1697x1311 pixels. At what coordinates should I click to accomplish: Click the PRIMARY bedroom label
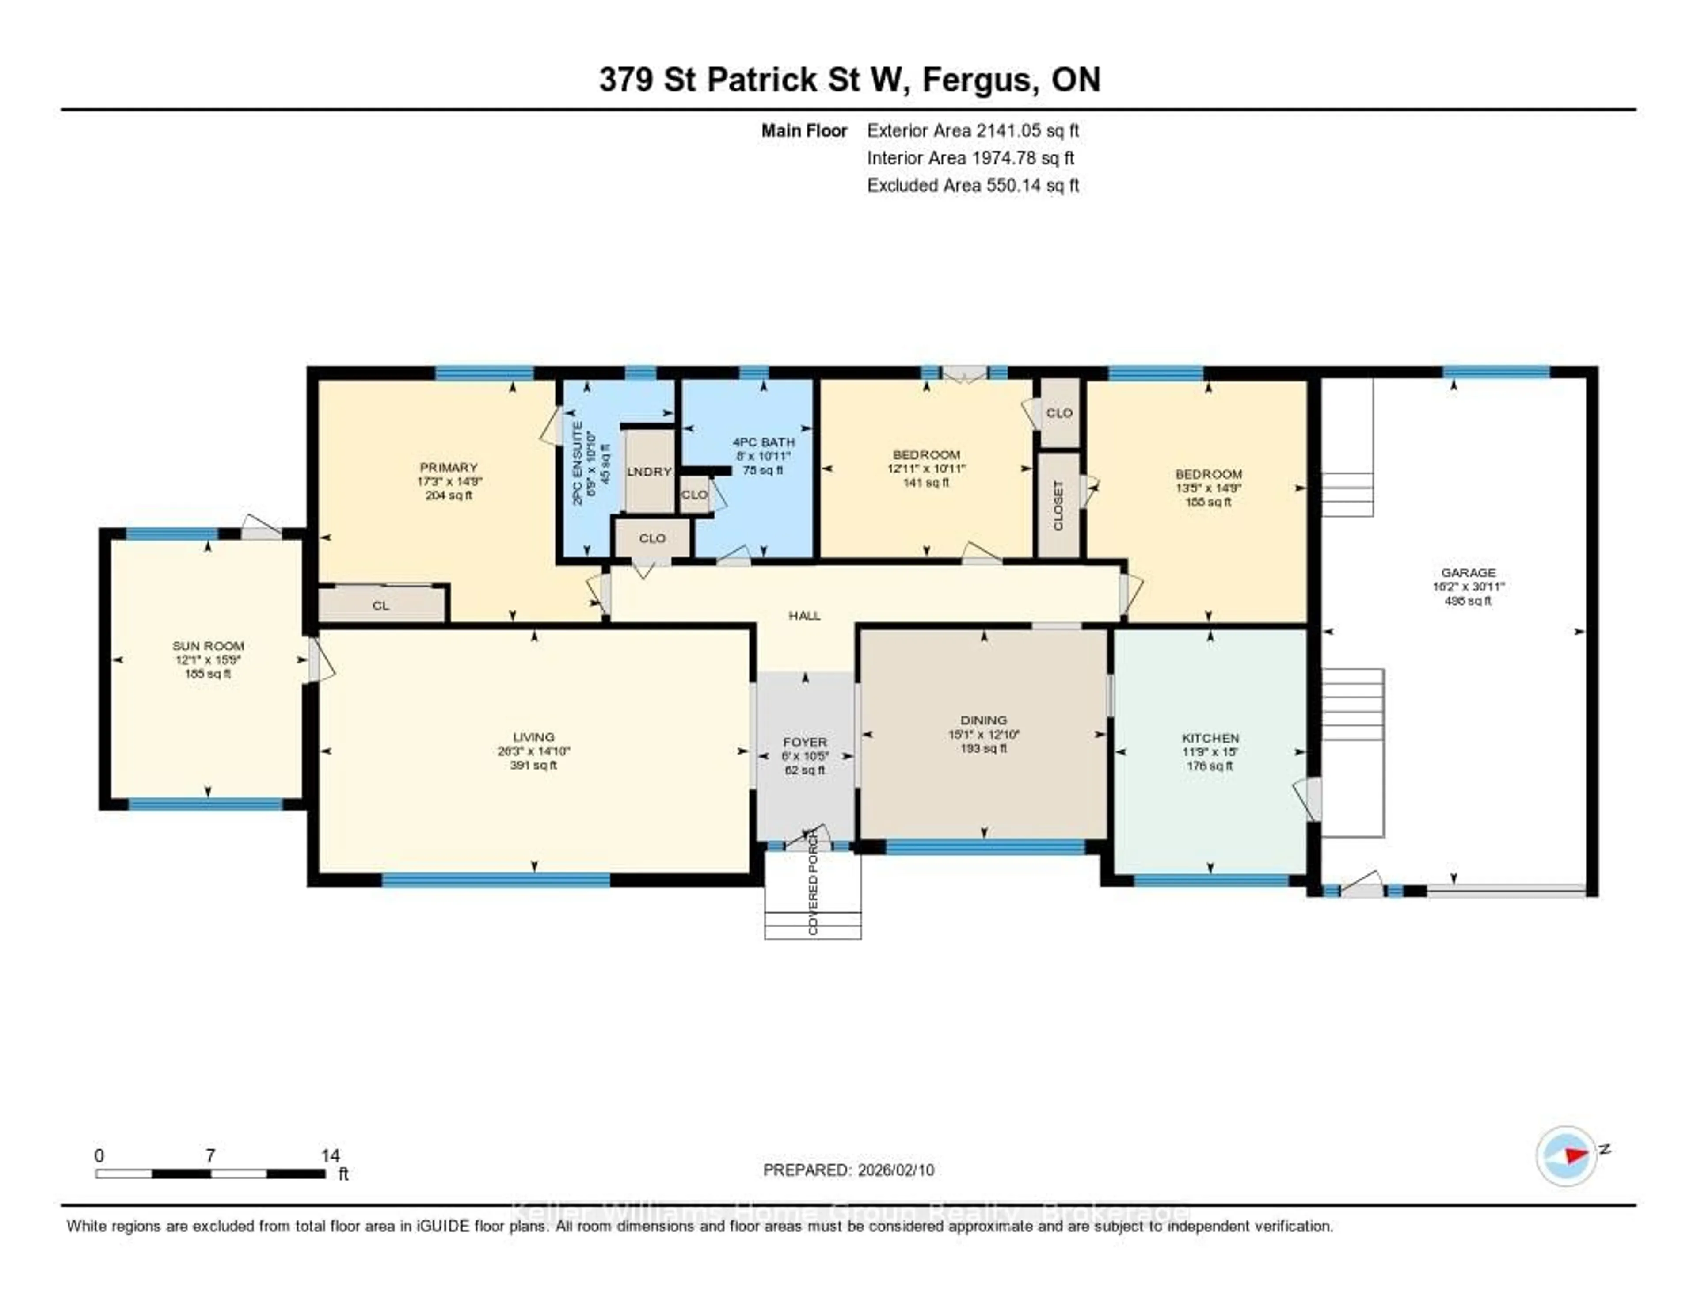[449, 467]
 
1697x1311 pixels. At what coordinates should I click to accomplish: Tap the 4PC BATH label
[764, 442]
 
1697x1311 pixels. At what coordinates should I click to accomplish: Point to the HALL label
[804, 615]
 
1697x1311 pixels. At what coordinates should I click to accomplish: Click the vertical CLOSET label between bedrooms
[1058, 505]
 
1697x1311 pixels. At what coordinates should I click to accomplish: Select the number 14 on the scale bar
[330, 1155]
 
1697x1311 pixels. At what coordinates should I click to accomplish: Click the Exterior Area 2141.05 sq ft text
[973, 130]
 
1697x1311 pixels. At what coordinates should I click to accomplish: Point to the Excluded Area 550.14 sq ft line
[973, 185]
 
